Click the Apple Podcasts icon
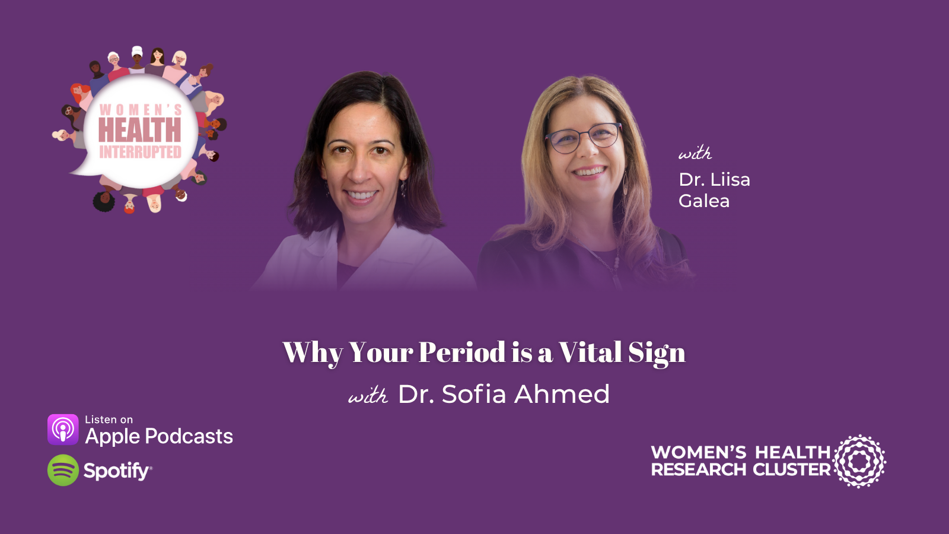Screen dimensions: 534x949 click(x=63, y=430)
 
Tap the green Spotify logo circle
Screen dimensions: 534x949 click(x=63, y=471)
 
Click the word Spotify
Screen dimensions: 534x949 click(x=117, y=471)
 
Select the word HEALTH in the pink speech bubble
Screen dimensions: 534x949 click(x=139, y=130)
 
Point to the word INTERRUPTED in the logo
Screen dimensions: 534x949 click(x=140, y=152)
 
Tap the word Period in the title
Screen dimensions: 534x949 click(x=462, y=352)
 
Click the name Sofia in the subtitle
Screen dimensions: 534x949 click(x=474, y=394)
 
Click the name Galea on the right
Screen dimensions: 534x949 click(x=704, y=201)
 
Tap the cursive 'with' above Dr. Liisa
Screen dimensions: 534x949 click(x=695, y=153)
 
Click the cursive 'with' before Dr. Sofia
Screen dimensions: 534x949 click(x=368, y=396)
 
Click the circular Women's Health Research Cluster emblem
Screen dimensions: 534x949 click(x=859, y=461)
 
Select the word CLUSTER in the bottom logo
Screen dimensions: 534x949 click(x=792, y=470)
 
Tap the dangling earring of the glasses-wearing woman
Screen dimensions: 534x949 click(x=626, y=183)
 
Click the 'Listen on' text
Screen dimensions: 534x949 click(x=109, y=419)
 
